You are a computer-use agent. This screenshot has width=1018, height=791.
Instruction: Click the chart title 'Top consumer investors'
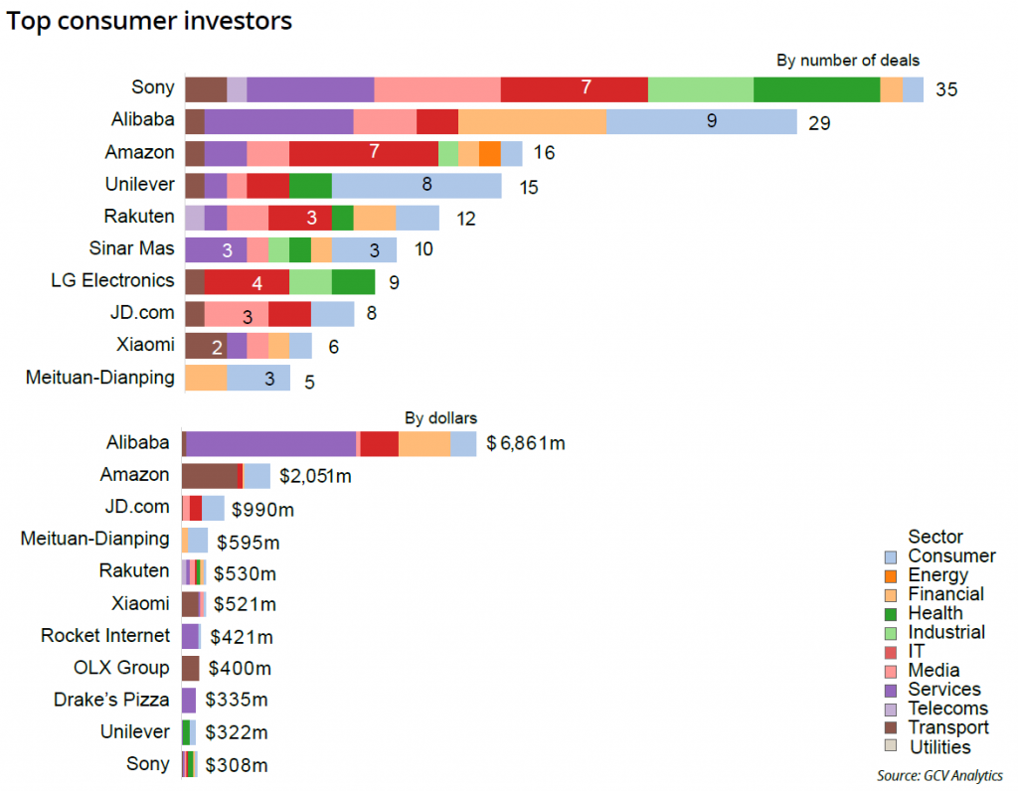[x=149, y=21]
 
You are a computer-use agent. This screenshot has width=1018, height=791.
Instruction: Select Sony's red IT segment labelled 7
[x=574, y=88]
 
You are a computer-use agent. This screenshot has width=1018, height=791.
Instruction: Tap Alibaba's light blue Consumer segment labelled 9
[x=701, y=121]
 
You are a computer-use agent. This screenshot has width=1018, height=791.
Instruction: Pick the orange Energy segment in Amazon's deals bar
[x=489, y=153]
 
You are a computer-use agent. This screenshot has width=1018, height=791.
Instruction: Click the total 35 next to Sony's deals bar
[x=946, y=89]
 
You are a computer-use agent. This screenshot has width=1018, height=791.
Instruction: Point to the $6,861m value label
[x=526, y=443]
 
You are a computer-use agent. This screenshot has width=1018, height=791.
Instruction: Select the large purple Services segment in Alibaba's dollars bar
[x=270, y=443]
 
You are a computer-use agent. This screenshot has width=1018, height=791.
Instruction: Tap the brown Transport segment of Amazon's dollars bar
[x=211, y=476]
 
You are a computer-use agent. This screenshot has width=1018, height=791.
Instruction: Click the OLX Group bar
[x=190, y=668]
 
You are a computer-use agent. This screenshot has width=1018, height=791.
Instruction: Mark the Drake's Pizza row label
[x=111, y=700]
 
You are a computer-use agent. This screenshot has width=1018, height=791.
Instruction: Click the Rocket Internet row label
[x=105, y=636]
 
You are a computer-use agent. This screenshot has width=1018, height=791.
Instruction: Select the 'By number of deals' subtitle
[x=847, y=61]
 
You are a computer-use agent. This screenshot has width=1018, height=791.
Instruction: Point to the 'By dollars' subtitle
[x=440, y=418]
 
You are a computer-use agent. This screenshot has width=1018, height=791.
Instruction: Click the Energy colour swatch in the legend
[x=891, y=575]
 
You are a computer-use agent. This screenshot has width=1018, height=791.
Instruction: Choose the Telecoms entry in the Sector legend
[x=947, y=709]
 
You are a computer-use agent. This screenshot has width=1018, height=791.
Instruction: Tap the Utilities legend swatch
[x=891, y=747]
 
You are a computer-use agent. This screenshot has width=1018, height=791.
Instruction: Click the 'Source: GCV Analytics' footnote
[x=939, y=775]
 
